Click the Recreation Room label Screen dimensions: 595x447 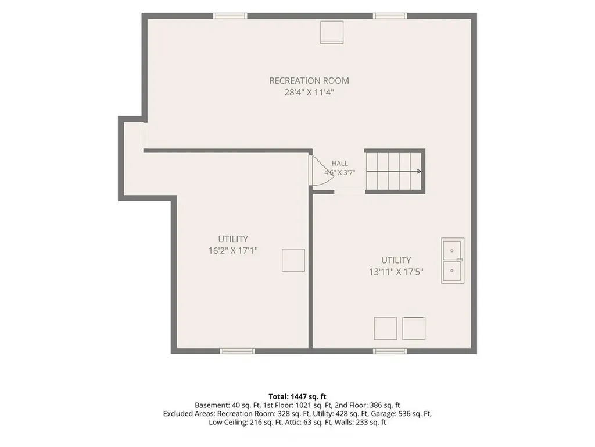click(x=309, y=80)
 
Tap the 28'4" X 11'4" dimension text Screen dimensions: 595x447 click(x=309, y=93)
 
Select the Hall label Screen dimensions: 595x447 click(x=339, y=163)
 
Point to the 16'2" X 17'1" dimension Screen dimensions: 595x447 click(x=233, y=251)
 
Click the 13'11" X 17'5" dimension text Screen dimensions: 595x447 click(x=396, y=272)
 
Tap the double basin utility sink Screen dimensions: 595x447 click(x=453, y=261)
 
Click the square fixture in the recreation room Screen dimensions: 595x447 click(x=332, y=33)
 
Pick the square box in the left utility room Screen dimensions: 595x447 click(x=293, y=260)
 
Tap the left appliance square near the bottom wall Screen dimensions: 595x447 click(x=386, y=328)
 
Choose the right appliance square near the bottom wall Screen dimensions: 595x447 click(x=414, y=328)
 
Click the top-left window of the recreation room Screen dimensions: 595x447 click(x=230, y=16)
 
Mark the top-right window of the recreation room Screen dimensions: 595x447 click(x=390, y=16)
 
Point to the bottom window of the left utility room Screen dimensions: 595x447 click(x=238, y=351)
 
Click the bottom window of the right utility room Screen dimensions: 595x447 click(x=390, y=351)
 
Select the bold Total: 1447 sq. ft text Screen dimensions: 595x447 click(x=297, y=397)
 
